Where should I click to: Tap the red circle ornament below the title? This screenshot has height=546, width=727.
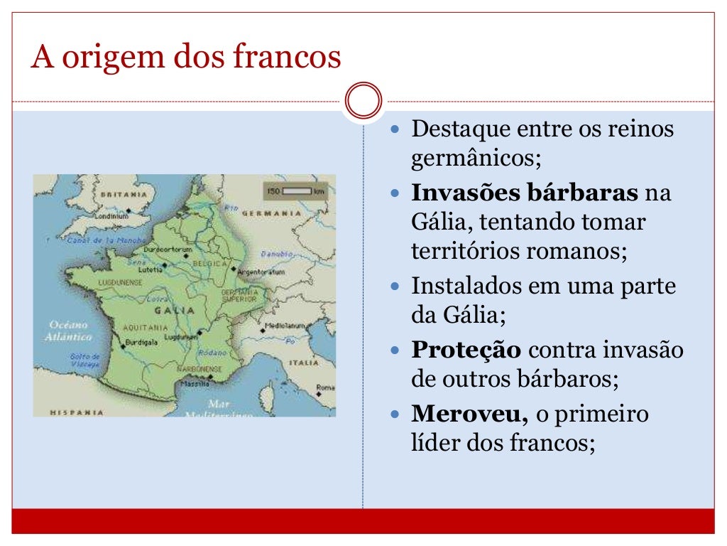(x=363, y=101)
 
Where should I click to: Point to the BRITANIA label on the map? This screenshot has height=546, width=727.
(x=124, y=193)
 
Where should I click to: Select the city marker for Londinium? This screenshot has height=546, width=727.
(x=129, y=210)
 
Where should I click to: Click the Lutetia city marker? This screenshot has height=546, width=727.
(x=165, y=264)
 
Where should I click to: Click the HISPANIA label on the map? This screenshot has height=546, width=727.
(x=77, y=412)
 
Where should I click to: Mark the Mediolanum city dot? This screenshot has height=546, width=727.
(x=262, y=326)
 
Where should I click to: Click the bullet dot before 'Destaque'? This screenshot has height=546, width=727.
(x=397, y=130)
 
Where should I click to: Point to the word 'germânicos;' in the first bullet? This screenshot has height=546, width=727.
(x=476, y=156)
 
